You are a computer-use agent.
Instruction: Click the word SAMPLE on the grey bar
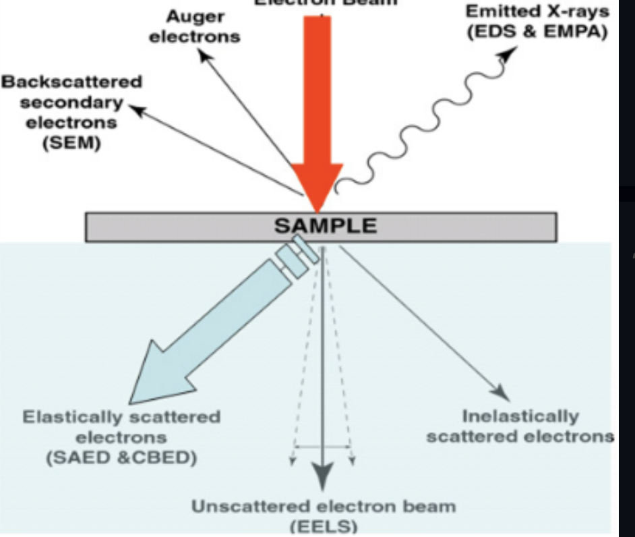pyautogui.click(x=325, y=225)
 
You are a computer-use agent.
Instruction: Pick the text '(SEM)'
pyautogui.click(x=72, y=144)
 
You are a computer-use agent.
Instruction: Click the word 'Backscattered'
pyautogui.click(x=72, y=82)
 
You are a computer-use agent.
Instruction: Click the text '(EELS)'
pyautogui.click(x=323, y=526)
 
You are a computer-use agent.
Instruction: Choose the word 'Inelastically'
pyautogui.click(x=520, y=416)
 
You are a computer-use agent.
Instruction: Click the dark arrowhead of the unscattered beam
pyautogui.click(x=323, y=480)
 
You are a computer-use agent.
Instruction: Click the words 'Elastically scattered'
pyautogui.click(x=121, y=417)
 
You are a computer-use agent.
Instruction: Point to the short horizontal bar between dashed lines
pyautogui.click(x=322, y=446)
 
